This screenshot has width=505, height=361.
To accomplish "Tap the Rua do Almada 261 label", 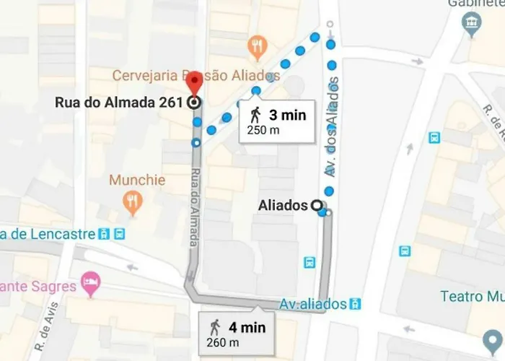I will click(118, 103).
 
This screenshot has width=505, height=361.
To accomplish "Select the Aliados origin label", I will click(283, 206).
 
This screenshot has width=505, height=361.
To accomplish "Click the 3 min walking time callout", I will click(277, 121).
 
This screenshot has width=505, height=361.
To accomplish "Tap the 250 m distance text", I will click(263, 131).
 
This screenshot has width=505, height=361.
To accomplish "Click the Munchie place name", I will click(137, 180).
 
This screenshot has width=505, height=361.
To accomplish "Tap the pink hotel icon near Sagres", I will click(90, 283).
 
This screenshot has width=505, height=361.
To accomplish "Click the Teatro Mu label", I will click(473, 297).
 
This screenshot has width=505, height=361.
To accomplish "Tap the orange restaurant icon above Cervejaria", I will click(258, 48).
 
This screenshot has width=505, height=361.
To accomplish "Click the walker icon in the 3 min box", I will click(255, 115).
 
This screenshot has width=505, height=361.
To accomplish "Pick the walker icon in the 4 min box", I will click(214, 327).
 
